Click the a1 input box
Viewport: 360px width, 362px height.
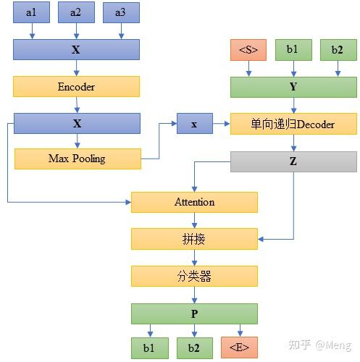pyautogui.click(x=31, y=12)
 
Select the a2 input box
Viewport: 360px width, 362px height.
pyautogui.click(x=76, y=12)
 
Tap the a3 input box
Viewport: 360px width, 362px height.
pyautogui.click(x=120, y=12)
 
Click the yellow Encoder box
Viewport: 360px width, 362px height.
pyautogui.click(x=76, y=87)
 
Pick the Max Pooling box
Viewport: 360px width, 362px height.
pyautogui.click(x=77, y=159)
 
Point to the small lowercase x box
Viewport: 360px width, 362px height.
pyautogui.click(x=193, y=124)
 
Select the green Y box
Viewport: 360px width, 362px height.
pyautogui.click(x=294, y=87)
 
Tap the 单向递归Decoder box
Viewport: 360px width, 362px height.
pyautogui.click(x=293, y=124)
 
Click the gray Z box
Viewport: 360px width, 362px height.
pyautogui.click(x=293, y=161)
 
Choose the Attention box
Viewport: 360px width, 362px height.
pyautogui.click(x=194, y=202)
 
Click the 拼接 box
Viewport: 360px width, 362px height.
pyautogui.click(x=194, y=239)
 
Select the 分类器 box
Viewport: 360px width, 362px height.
pyautogui.click(x=194, y=276)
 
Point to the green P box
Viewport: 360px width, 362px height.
pyautogui.click(x=194, y=313)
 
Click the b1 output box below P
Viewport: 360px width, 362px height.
pyautogui.click(x=148, y=348)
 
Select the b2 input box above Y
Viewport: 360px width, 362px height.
pyautogui.click(x=338, y=50)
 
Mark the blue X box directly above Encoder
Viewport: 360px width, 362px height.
pyautogui.click(x=76, y=50)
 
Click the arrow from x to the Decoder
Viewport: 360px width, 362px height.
pyautogui.click(x=221, y=124)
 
